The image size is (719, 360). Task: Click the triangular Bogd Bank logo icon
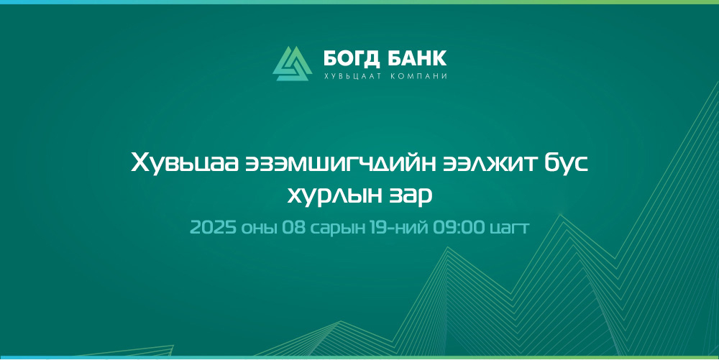click(x=292, y=63)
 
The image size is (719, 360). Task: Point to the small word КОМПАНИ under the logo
click(x=418, y=76)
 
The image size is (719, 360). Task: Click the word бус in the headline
click(x=567, y=163)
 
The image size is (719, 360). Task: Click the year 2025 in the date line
click(x=214, y=227)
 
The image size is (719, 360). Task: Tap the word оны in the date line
click(x=260, y=228)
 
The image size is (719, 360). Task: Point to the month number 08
click(x=293, y=227)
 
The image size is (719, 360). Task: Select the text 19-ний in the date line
click(x=399, y=227)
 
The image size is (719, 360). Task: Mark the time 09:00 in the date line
click(x=459, y=227)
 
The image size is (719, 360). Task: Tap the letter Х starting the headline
click(x=140, y=163)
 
